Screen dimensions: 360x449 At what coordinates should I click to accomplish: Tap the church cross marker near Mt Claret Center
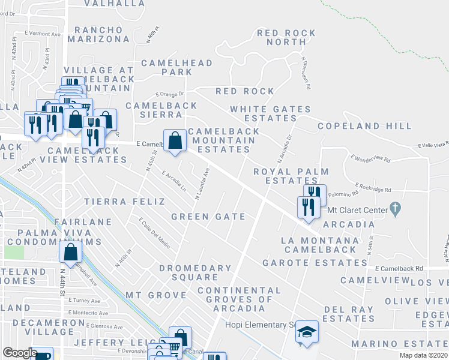(394, 209)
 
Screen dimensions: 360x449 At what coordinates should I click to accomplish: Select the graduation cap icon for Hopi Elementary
(307, 332)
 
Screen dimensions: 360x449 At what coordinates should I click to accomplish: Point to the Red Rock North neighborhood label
(282, 37)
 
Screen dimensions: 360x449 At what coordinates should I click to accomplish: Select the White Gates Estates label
(271, 113)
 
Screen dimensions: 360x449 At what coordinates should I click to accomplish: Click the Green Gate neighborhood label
(208, 217)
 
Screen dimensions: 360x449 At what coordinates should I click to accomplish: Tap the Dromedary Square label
(194, 272)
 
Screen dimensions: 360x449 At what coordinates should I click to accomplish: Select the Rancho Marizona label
(98, 34)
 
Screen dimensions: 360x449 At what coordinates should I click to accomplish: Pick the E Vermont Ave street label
(43, 34)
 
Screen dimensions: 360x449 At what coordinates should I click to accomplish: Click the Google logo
(20, 352)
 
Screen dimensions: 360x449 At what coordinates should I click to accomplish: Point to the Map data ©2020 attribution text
(423, 355)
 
